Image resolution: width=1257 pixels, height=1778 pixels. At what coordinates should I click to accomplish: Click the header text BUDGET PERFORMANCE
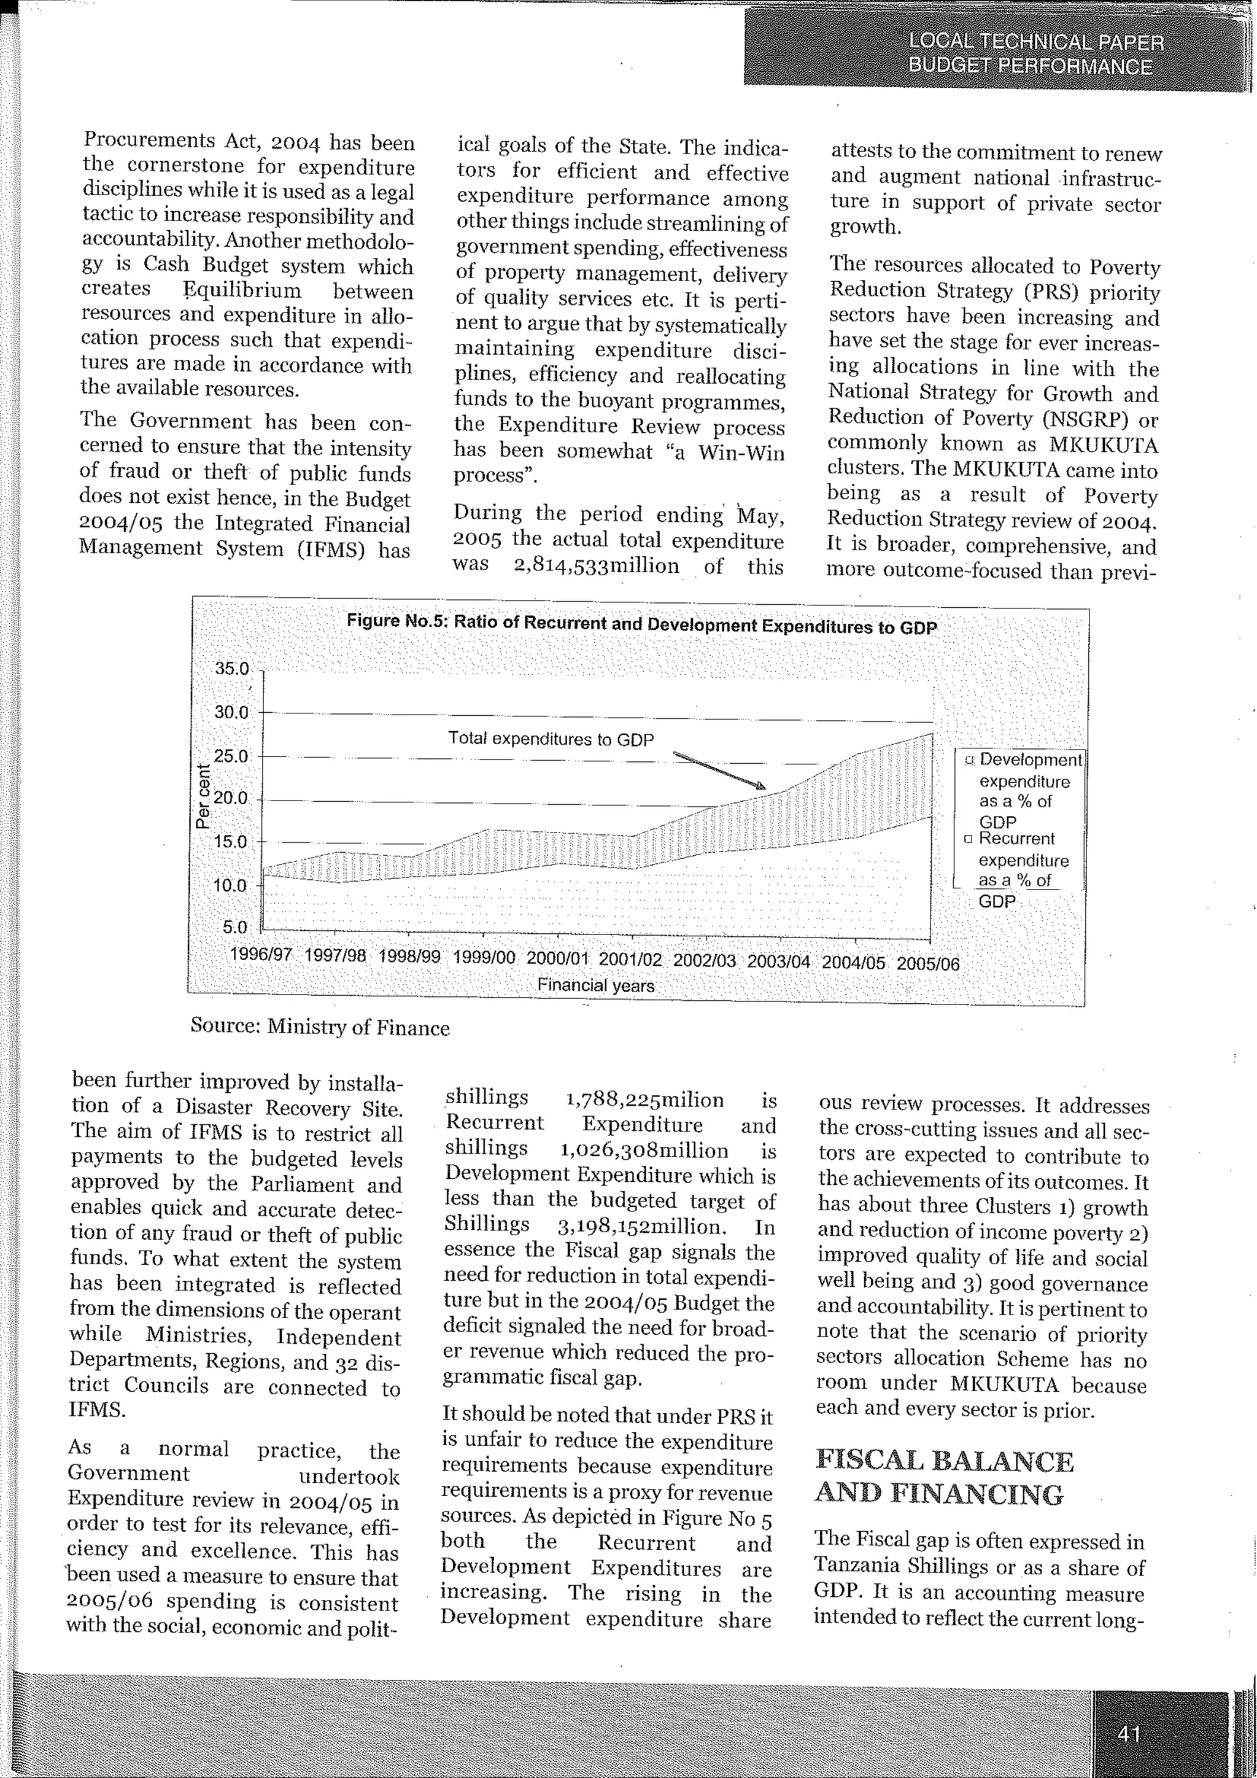pos(1031,66)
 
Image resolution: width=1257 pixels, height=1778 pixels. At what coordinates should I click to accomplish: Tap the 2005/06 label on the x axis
pos(929,964)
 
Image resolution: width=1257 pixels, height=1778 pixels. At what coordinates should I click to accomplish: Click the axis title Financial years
pos(595,986)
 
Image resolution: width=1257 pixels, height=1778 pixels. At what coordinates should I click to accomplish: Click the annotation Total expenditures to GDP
pos(551,739)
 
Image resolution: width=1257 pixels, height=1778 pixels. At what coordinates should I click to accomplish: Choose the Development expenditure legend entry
pos(1029,790)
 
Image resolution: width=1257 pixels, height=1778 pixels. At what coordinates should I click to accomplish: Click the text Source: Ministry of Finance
pos(320,1028)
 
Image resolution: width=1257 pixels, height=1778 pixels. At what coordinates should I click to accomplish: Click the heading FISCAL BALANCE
pos(945,1461)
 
